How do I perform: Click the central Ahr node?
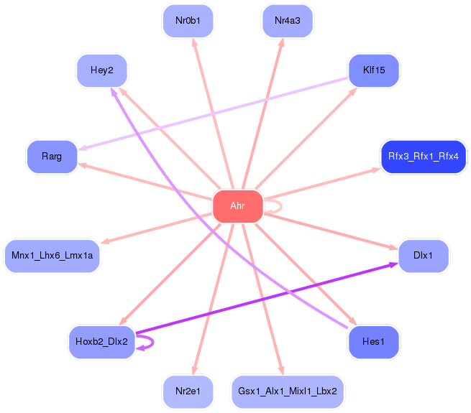coord(237,206)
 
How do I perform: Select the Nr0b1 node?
coord(188,21)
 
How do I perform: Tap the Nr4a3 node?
coord(287,21)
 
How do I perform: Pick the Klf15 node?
coord(373,70)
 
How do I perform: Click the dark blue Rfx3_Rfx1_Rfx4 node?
coord(423,156)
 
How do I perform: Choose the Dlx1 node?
coord(423,256)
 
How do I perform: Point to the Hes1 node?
coord(373,342)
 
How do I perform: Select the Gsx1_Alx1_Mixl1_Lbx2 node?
coord(288,391)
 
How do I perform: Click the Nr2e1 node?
coord(188,391)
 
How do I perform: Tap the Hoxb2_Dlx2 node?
coord(101,342)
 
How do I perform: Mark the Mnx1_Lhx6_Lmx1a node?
coord(52,256)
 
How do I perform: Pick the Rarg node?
coord(52,156)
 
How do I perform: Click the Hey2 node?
coord(101,70)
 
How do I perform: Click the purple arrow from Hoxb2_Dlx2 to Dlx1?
coord(266,300)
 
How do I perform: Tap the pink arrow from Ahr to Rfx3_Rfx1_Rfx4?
coord(324,184)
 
